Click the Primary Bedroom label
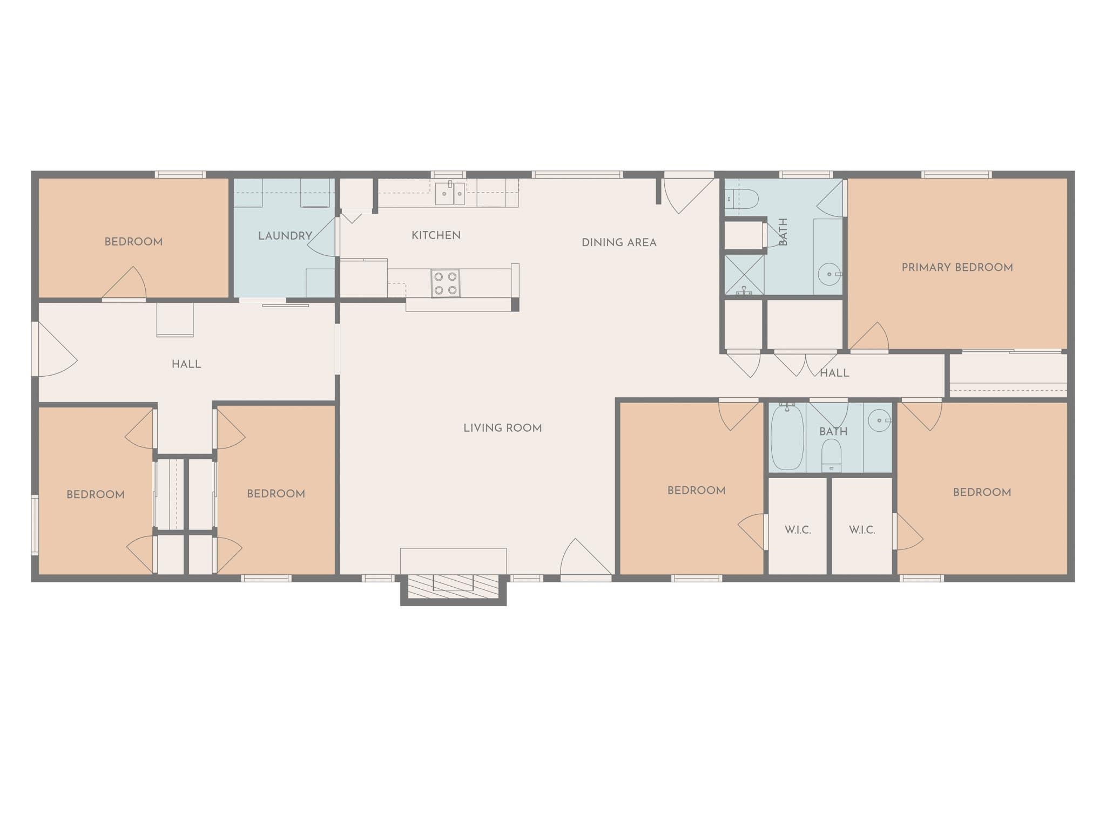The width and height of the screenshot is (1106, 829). [957, 267]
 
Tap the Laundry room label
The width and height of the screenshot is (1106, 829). [285, 236]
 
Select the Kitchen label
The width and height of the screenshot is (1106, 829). [436, 235]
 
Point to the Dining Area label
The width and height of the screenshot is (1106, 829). [619, 243]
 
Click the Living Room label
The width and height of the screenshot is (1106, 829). [502, 428]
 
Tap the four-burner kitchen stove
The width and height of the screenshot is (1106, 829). [446, 283]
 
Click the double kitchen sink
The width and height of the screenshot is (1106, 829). [450, 193]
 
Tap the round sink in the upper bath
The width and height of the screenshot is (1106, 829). [829, 275]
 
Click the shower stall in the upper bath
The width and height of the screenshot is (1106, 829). [744, 275]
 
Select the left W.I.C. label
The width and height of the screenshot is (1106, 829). [798, 530]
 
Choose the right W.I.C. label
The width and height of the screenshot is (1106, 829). [862, 530]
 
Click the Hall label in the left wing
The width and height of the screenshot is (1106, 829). [186, 364]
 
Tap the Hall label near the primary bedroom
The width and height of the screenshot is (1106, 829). [834, 373]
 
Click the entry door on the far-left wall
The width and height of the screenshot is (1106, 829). [54, 349]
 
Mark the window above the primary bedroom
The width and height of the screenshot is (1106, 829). [956, 174]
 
